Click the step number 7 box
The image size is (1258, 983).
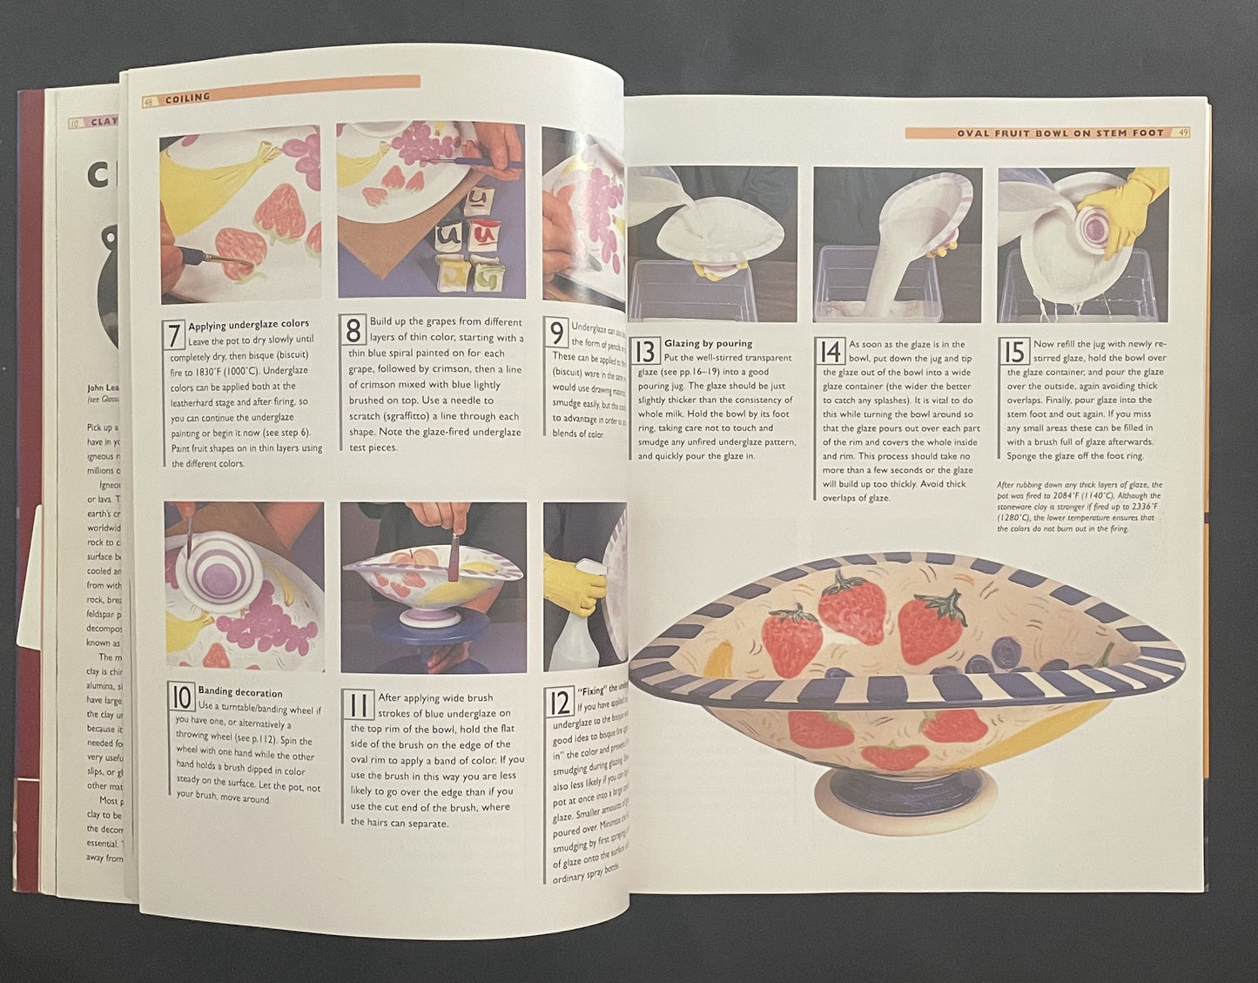tap(174, 334)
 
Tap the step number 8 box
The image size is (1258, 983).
tap(353, 331)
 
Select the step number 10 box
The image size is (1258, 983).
tap(181, 697)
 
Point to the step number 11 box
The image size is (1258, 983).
tap(358, 703)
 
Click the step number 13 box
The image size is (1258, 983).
tap(645, 351)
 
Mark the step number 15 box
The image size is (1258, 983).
tap(1013, 351)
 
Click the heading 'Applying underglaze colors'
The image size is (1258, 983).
tap(248, 324)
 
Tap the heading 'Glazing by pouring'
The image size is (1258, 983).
tap(708, 343)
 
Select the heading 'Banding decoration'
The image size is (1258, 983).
tap(240, 693)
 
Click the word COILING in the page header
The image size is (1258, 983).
tap(188, 98)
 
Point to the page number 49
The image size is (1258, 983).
tap(1182, 133)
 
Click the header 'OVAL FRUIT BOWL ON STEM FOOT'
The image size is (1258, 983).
tap(1060, 133)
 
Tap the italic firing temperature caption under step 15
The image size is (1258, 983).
tap(1079, 507)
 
